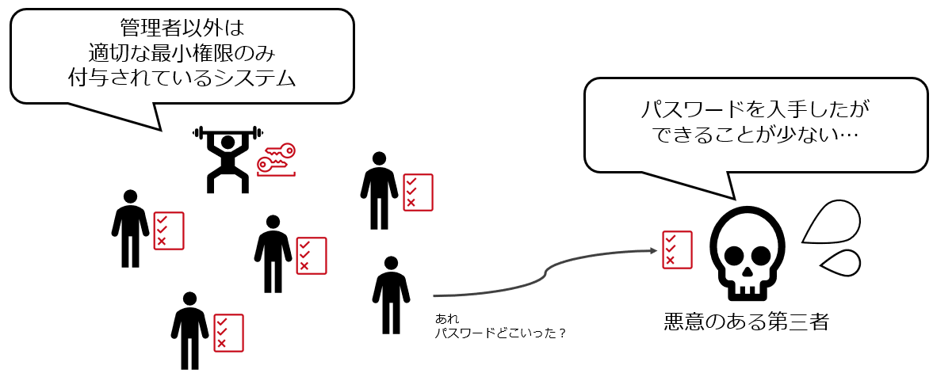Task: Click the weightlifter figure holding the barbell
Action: [227, 161]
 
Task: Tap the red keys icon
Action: [276, 158]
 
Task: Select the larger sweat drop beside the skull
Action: [830, 224]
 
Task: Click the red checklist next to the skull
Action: [677, 249]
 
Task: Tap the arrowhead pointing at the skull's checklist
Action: [654, 251]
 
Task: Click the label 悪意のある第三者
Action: [746, 323]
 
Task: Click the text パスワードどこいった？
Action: [500, 333]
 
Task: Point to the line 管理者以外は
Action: [182, 28]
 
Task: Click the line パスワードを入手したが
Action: [757, 109]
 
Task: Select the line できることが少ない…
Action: [757, 135]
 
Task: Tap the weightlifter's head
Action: [228, 143]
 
